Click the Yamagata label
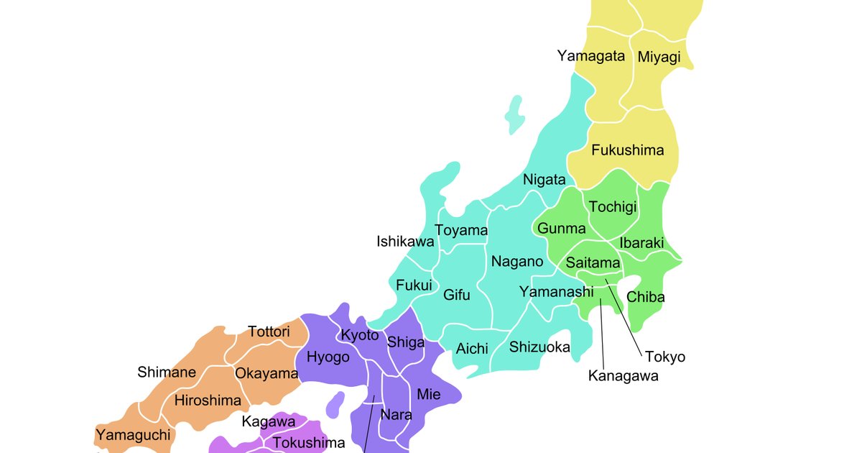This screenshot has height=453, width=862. click(x=590, y=56)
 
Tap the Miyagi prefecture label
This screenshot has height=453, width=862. click(x=659, y=58)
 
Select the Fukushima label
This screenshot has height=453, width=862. click(x=627, y=150)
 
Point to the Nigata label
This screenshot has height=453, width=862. click(x=544, y=180)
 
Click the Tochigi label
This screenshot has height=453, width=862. click(x=613, y=207)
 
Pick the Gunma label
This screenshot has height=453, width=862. click(x=562, y=229)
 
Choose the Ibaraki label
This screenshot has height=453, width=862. click(x=641, y=243)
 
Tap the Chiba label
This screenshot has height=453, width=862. click(x=646, y=297)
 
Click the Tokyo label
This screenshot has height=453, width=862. click(x=664, y=357)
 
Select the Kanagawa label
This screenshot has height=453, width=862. click(x=623, y=375)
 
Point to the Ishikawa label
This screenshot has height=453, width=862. click(x=405, y=242)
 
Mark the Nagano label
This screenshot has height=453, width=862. click(x=517, y=262)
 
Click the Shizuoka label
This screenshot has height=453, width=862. click(x=539, y=347)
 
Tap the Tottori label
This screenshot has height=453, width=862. click(x=269, y=332)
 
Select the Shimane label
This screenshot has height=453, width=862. click(x=167, y=372)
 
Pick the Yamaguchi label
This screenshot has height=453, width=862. click(x=134, y=434)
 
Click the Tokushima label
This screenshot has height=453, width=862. click(x=309, y=443)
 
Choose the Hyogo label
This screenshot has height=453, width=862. click(x=328, y=357)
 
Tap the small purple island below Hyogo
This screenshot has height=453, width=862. click(x=335, y=405)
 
